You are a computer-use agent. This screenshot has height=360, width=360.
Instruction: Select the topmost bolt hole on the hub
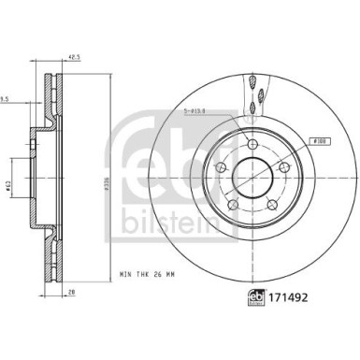[252, 143]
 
